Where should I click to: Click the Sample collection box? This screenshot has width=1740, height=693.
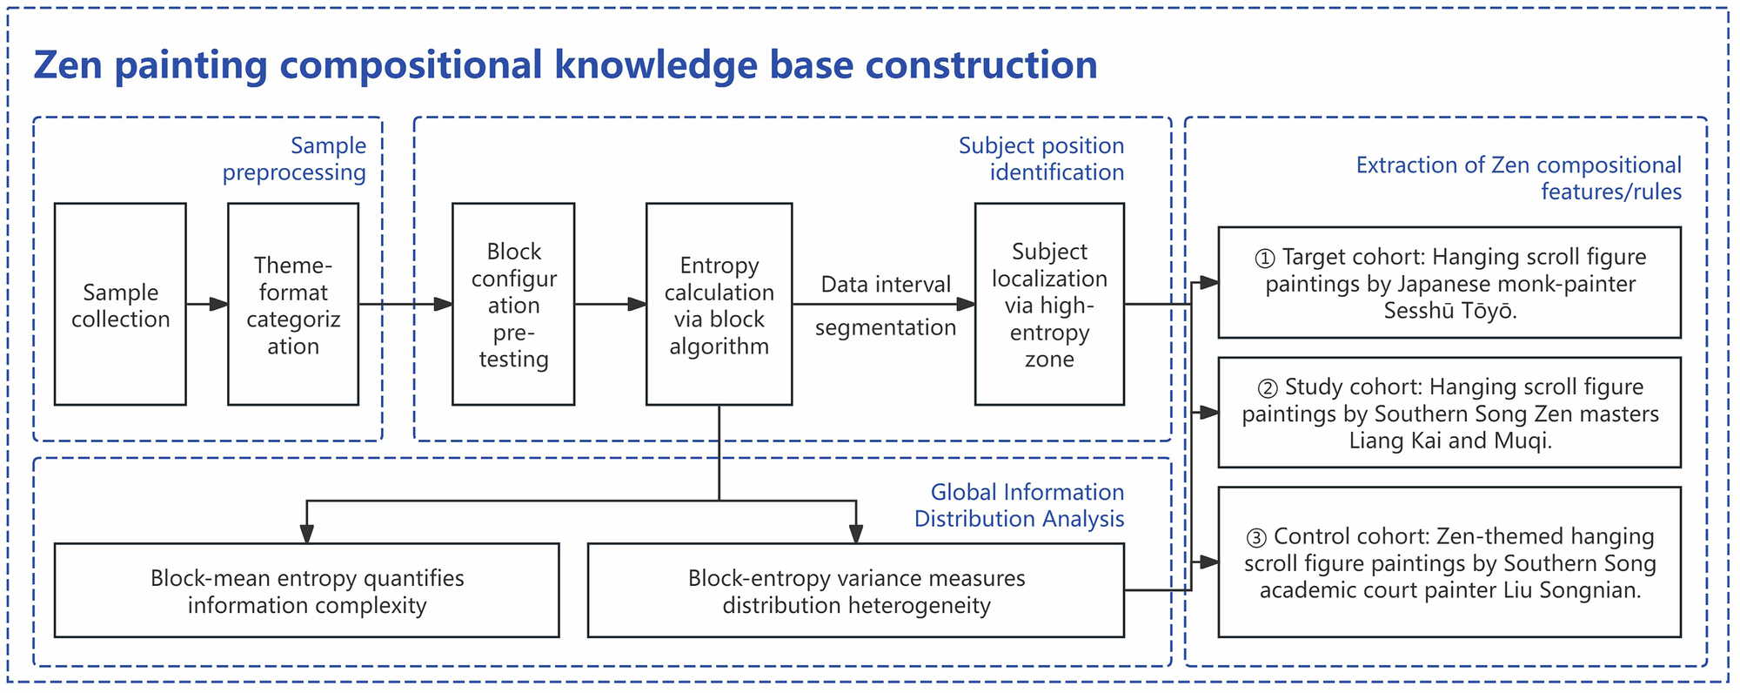pyautogui.click(x=120, y=305)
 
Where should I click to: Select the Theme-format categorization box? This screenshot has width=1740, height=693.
pyautogui.click(x=293, y=305)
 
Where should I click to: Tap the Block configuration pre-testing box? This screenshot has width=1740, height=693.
pyautogui.click(x=513, y=305)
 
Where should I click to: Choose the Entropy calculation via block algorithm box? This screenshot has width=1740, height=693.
pyautogui.click(x=719, y=305)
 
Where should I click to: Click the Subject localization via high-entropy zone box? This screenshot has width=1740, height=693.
pyautogui.click(x=1049, y=305)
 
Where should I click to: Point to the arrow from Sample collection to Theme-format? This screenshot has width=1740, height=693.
pyautogui.click(x=207, y=305)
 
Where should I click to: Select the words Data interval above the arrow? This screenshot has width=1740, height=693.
pyautogui.click(x=886, y=285)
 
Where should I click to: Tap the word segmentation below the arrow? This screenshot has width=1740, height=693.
pyautogui.click(x=885, y=328)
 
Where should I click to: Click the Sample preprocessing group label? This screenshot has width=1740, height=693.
pyautogui.click(x=295, y=159)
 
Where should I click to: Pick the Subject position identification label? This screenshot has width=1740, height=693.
pyautogui.click(x=1041, y=159)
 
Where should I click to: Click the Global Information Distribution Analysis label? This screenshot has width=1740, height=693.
pyautogui.click(x=1019, y=506)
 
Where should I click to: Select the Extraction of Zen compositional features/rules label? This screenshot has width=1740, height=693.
pyautogui.click(x=1519, y=178)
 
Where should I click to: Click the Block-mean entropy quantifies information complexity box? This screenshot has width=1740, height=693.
pyautogui.click(x=306, y=591)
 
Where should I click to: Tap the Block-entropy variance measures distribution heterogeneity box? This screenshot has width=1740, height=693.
pyautogui.click(x=856, y=591)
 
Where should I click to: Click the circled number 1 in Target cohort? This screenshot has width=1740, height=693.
pyautogui.click(x=1265, y=259)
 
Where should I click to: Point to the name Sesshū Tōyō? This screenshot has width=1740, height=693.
pyautogui.click(x=1450, y=312)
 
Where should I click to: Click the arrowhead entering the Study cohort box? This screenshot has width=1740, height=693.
pyautogui.click(x=1209, y=413)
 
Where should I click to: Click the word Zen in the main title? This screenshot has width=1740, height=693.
pyautogui.click(x=68, y=66)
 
